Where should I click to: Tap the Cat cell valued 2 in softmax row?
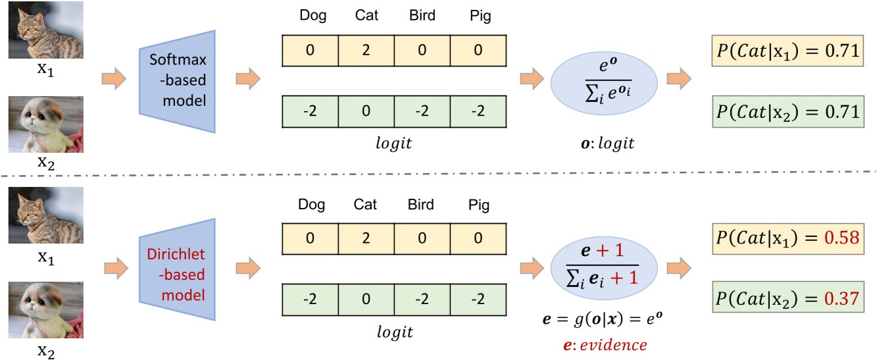(366, 49)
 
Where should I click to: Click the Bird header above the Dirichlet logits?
(422, 205)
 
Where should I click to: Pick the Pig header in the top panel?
(478, 16)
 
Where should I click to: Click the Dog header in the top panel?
(311, 16)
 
